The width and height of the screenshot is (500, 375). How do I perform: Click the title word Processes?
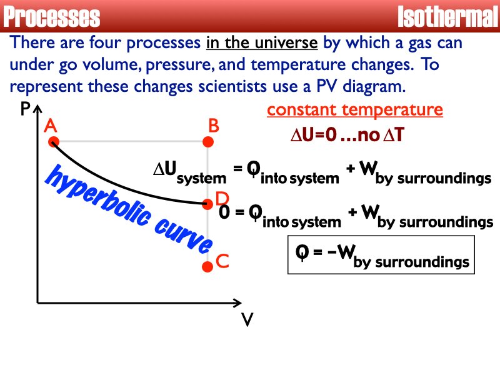click(x=51, y=17)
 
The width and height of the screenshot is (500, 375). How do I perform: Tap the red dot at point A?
click(x=52, y=142)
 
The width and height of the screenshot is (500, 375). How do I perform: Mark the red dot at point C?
click(x=209, y=266)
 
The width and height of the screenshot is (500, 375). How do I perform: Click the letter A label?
click(x=51, y=127)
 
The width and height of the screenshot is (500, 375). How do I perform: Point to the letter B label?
click(x=213, y=127)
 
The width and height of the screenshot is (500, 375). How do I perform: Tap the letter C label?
click(x=222, y=262)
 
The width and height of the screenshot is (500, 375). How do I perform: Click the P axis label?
click(x=25, y=111)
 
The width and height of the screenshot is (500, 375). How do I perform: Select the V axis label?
click(x=247, y=320)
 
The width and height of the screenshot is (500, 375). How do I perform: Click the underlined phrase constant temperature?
click(x=355, y=111)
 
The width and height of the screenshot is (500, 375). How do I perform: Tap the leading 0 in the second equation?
click(x=223, y=212)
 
